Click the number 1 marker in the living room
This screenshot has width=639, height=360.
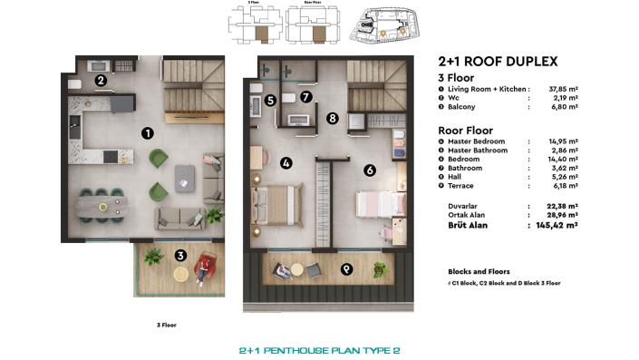(x=146, y=133)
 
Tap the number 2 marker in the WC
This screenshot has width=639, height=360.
(x=102, y=81)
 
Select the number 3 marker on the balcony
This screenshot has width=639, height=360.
(x=180, y=257)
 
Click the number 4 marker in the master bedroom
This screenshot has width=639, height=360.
(x=286, y=163)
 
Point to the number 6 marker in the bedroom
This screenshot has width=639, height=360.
(x=369, y=170)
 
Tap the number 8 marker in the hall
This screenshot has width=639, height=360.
(x=333, y=118)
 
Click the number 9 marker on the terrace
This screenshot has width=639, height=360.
(x=345, y=268)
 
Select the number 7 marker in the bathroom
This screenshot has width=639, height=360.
(x=306, y=97)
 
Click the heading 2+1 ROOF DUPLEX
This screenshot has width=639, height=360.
(x=497, y=62)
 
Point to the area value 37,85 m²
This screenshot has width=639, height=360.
(x=559, y=90)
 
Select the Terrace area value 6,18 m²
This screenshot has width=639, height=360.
(x=561, y=185)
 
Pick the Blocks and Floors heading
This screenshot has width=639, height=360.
(x=479, y=271)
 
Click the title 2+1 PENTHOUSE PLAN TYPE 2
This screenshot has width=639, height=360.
(x=318, y=348)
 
